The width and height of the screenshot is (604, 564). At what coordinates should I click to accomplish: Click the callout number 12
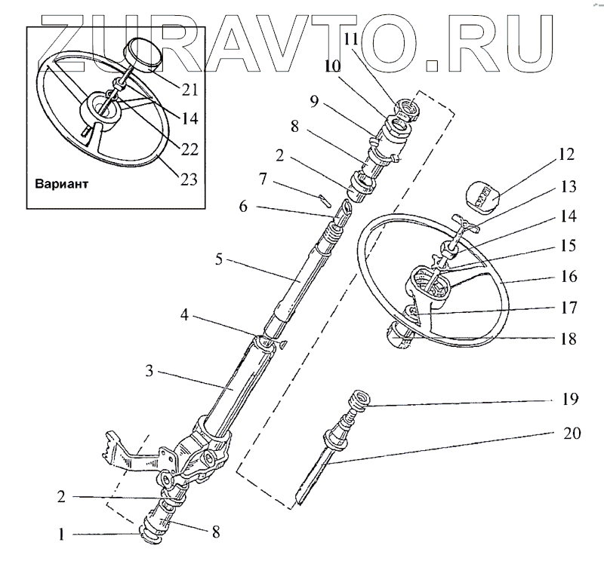point(567,156)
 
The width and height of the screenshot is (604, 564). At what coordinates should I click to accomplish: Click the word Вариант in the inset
point(66,183)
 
